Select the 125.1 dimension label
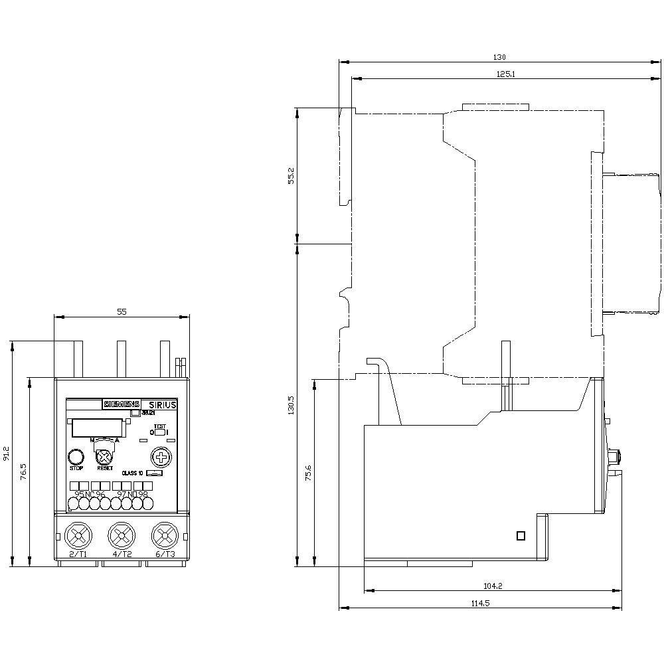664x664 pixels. [505, 74]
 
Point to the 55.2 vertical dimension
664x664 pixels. [290, 175]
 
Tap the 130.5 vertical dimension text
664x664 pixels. [290, 405]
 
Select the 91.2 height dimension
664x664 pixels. [7, 453]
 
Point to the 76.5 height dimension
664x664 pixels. [23, 471]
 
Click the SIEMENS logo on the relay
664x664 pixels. [121, 404]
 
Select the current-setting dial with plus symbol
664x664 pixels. [159, 457]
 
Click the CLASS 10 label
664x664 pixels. [131, 473]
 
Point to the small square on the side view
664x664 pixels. [521, 536]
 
